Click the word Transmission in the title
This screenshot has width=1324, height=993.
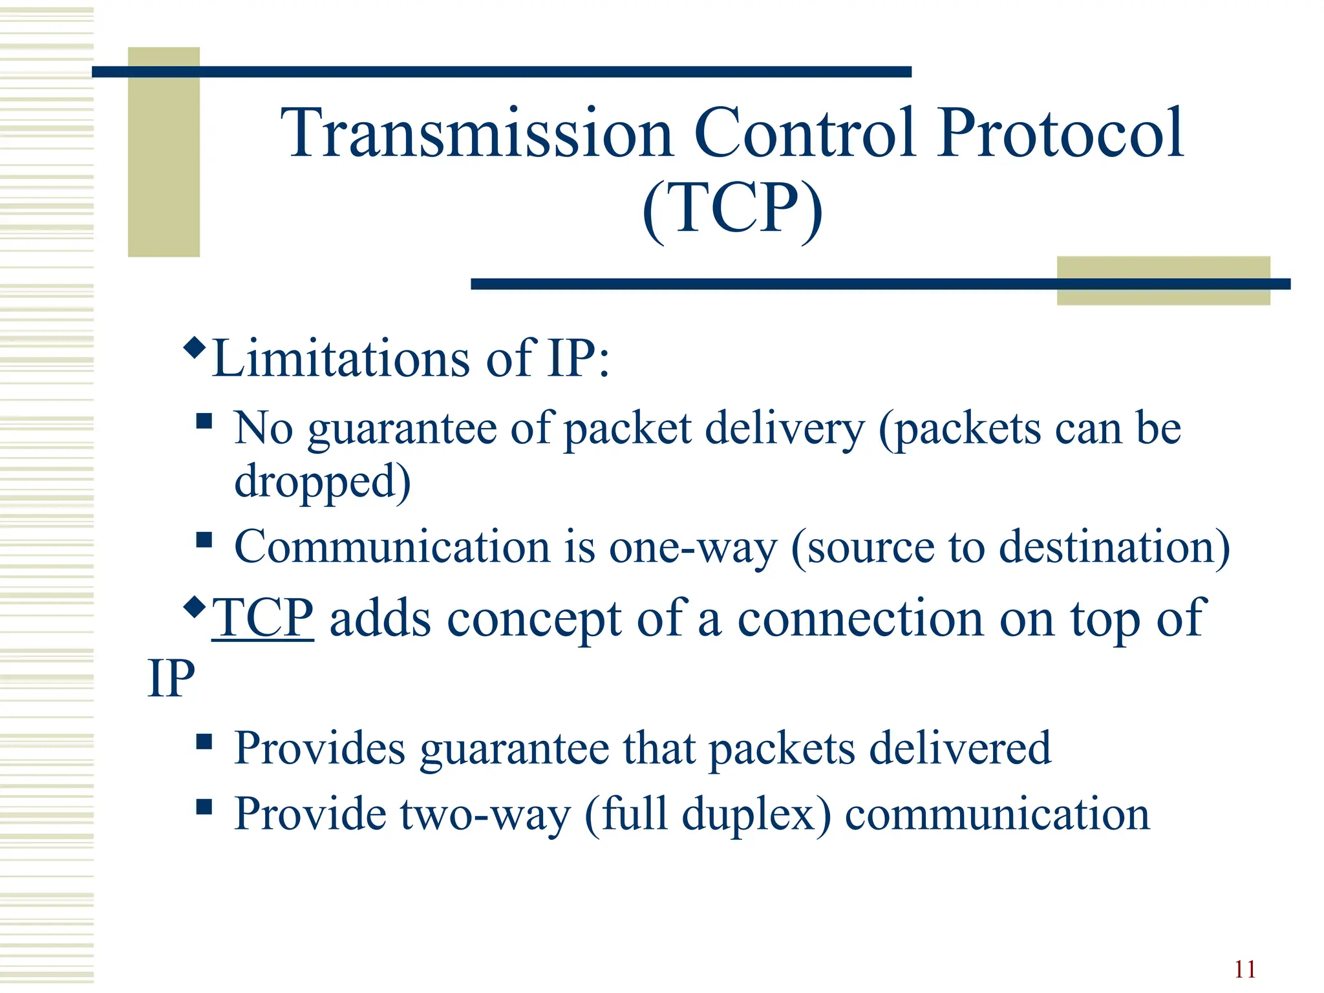click(x=476, y=134)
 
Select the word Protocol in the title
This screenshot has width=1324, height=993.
click(x=1060, y=134)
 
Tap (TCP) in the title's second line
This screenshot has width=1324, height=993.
click(x=732, y=209)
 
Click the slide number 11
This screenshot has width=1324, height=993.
click(x=1244, y=969)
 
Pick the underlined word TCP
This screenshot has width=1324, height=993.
click(x=262, y=619)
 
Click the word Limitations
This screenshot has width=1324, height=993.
click(x=341, y=359)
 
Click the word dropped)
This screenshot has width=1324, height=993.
click(x=322, y=482)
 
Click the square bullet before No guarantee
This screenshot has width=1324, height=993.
click(x=204, y=422)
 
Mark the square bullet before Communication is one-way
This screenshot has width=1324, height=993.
click(x=204, y=540)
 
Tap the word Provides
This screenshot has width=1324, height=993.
click(x=319, y=749)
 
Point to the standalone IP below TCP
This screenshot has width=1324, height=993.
click(x=171, y=679)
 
